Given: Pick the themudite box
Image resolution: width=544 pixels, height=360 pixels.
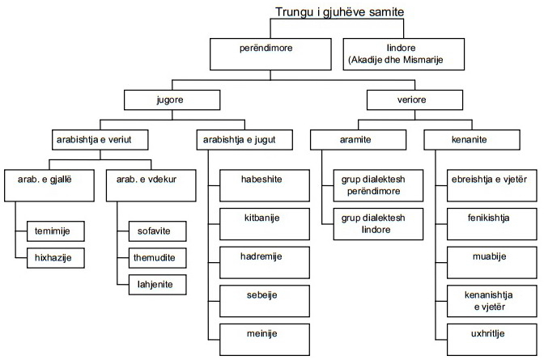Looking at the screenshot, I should pyautogui.click(x=155, y=259).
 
